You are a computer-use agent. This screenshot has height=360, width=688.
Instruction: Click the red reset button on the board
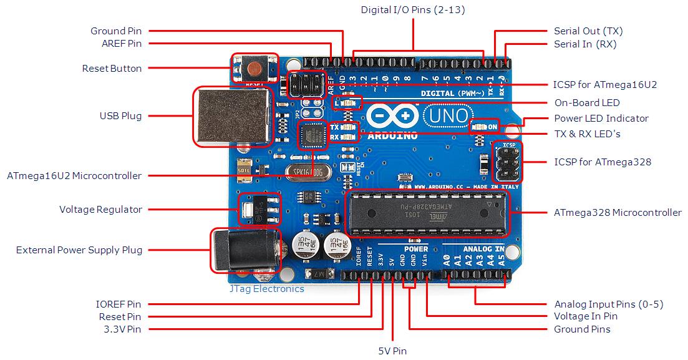[x=254, y=67]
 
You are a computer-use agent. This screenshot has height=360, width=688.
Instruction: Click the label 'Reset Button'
[x=112, y=69]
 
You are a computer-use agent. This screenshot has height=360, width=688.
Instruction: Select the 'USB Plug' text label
[x=120, y=116]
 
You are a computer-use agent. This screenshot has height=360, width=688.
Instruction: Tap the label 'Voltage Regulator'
[x=100, y=210]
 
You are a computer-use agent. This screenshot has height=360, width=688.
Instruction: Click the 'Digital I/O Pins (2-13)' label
[x=413, y=10]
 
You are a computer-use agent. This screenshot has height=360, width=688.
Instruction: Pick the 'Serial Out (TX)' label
[x=588, y=31]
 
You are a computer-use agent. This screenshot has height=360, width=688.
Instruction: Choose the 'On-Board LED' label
[x=587, y=103]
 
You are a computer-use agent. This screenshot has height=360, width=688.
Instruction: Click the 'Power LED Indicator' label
[x=601, y=119]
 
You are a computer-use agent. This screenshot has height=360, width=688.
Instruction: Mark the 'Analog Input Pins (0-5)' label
[x=608, y=304]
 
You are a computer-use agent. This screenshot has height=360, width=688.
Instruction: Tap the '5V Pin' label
[x=392, y=351]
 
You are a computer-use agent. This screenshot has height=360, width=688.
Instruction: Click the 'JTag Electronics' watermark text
[x=266, y=289]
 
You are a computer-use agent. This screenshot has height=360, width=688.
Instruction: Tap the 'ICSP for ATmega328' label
[x=603, y=162]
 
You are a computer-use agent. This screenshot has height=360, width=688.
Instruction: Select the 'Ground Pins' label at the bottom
[x=582, y=329]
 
